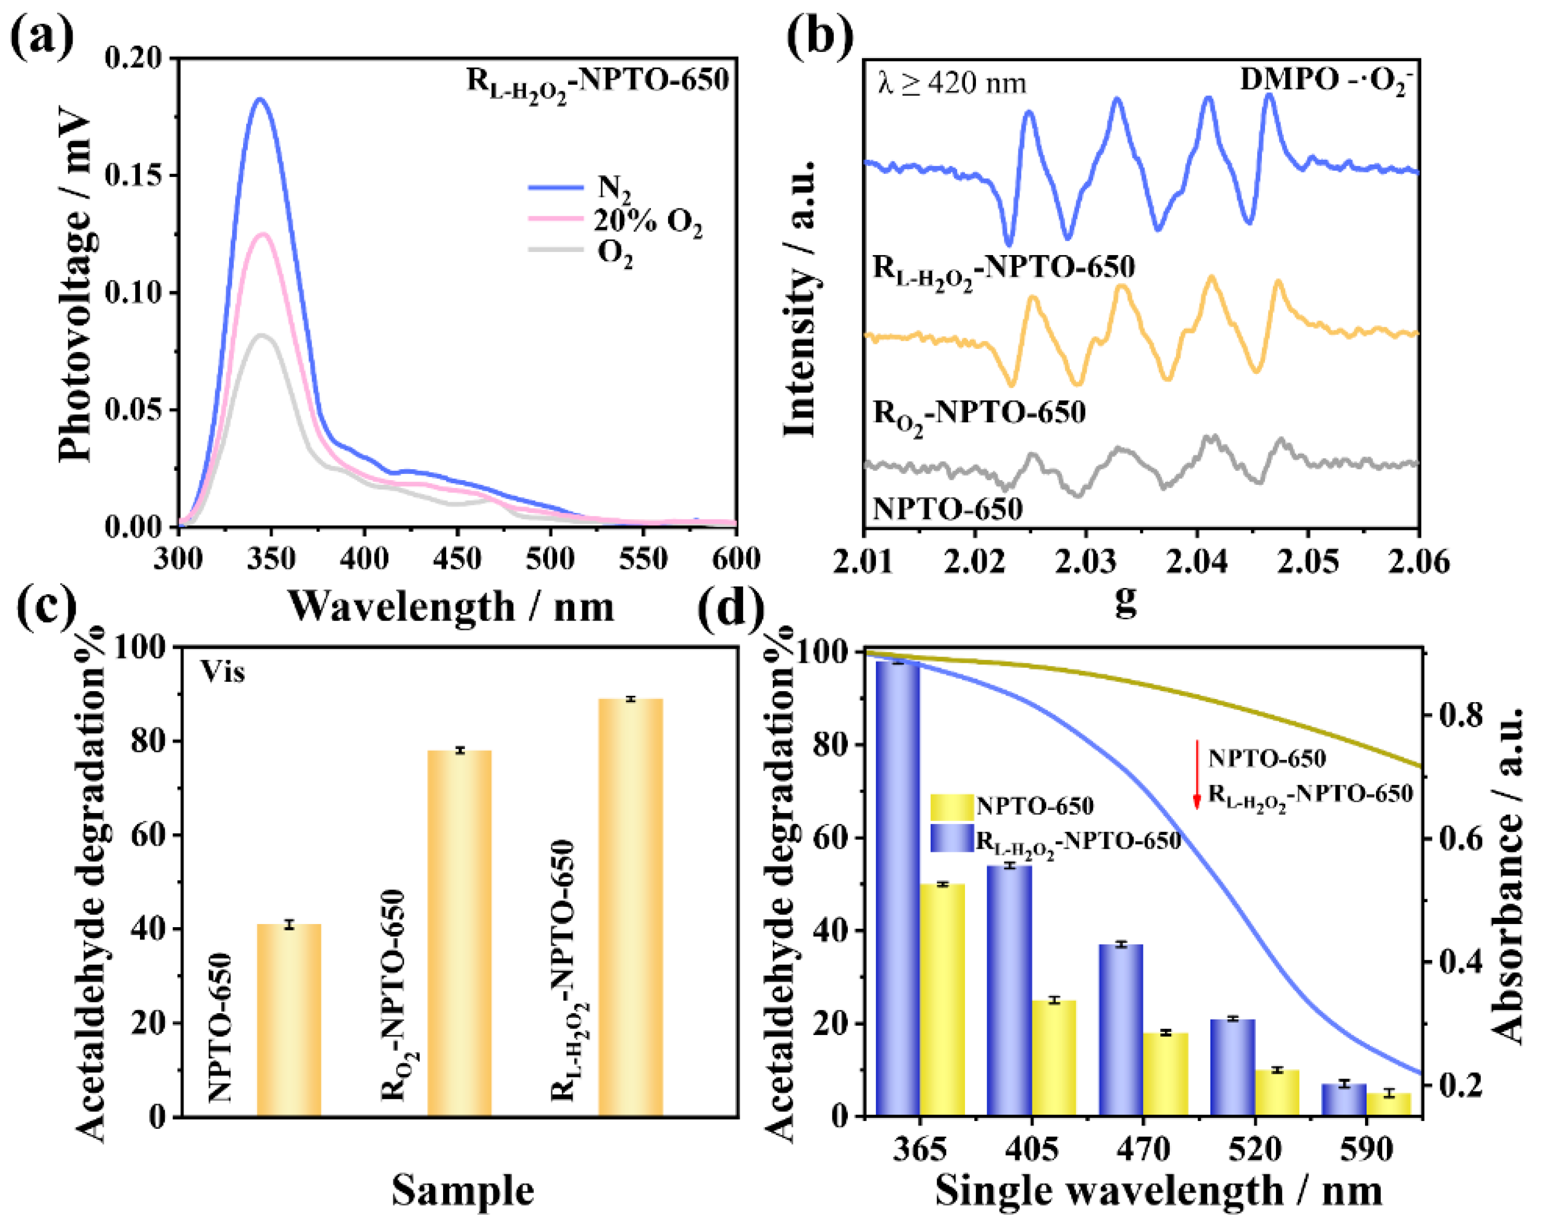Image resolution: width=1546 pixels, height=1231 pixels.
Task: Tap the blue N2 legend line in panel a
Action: [556, 187]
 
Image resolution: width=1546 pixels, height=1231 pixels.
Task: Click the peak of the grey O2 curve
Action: [262, 335]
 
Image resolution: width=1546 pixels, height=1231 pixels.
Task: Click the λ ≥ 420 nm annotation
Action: [952, 84]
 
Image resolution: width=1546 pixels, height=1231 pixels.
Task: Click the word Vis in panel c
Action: [222, 672]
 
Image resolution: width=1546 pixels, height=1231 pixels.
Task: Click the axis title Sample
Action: [462, 1190]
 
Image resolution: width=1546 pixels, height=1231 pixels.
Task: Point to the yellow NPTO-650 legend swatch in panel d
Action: [952, 807]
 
